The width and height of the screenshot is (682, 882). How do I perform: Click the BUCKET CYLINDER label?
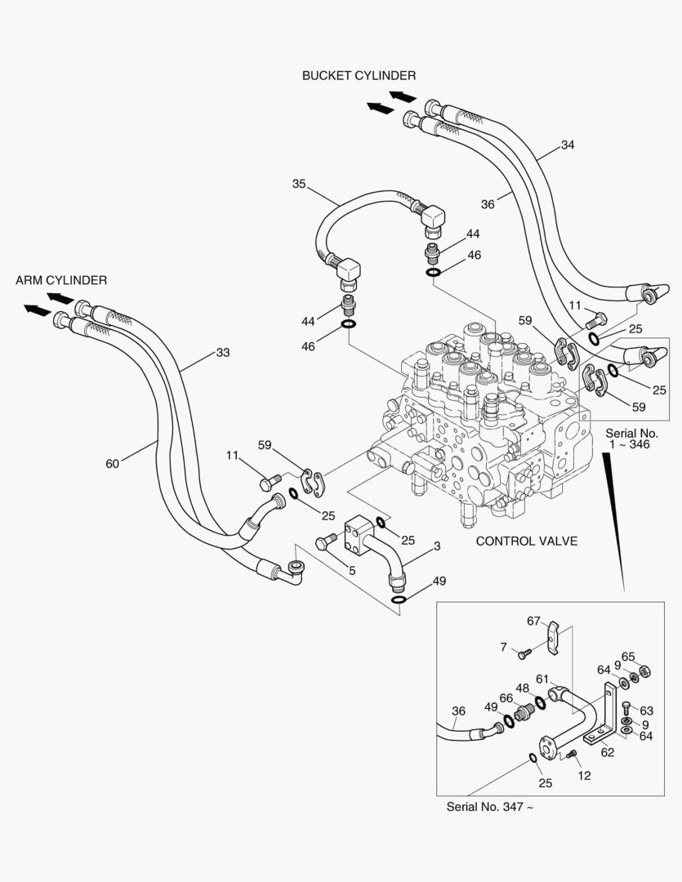tap(359, 76)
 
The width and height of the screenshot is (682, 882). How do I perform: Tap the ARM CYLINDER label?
tap(61, 280)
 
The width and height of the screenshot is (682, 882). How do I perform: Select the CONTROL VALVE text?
tap(527, 541)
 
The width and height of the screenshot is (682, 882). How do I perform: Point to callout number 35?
tap(299, 184)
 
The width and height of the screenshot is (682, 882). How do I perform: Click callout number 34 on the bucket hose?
tap(568, 145)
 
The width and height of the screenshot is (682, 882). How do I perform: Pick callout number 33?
tap(223, 353)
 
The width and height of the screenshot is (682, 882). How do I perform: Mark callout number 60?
tap(113, 464)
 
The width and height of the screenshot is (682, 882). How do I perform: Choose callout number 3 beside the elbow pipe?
tap(437, 546)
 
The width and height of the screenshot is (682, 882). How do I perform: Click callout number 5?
tap(352, 571)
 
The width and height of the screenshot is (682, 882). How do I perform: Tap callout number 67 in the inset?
tap(533, 621)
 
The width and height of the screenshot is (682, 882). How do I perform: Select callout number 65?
tap(628, 656)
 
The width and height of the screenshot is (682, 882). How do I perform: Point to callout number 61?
tap(542, 679)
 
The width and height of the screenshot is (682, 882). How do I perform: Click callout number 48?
tap(522, 688)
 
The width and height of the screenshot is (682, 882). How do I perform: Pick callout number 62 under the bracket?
tap(607, 752)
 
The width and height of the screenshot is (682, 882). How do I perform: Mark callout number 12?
tap(585, 776)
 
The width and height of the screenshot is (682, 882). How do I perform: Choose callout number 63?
tap(647, 710)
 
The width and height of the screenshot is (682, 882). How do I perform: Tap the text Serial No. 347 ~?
tap(490, 807)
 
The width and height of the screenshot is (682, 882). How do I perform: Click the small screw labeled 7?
tap(524, 652)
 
